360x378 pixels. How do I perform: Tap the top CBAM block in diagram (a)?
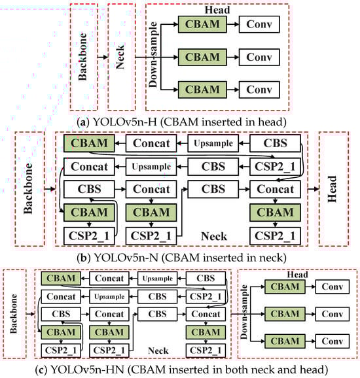[x=202, y=25]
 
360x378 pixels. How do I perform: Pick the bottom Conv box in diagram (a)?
[x=259, y=88]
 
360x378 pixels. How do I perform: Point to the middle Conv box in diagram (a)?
[x=259, y=56]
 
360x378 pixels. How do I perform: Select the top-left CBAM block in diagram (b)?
[x=88, y=143]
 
